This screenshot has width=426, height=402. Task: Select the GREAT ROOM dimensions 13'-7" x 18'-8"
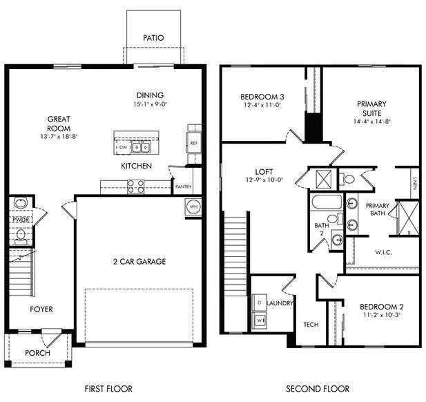[59, 137]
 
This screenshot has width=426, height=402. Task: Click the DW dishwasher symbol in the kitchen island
[123, 147]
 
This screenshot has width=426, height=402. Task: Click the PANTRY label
[183, 186]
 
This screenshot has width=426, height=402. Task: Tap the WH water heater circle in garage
[193, 207]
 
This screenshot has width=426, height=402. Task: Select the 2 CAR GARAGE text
[139, 262]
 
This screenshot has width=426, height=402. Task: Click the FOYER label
[41, 309]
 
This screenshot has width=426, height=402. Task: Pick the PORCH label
[37, 353]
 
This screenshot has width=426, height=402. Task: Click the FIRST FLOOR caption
[108, 389]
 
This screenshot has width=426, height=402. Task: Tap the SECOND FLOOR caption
[318, 389]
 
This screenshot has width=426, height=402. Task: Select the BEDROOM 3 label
[261, 96]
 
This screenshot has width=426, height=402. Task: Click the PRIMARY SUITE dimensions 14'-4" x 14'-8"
[371, 119]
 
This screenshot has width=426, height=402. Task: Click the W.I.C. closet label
[383, 253]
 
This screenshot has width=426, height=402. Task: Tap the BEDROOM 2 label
[381, 306]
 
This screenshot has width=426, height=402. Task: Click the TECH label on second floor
[311, 325]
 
